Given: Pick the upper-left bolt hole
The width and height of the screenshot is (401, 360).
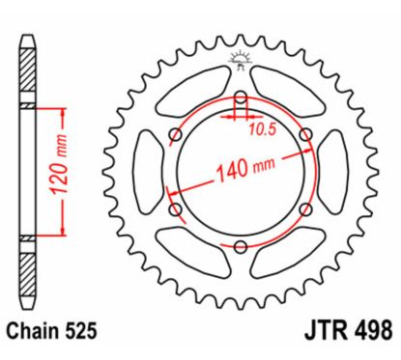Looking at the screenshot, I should point(174,134).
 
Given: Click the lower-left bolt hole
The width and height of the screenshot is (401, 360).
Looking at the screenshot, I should point(175,208).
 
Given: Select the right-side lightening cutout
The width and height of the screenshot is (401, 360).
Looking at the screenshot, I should point(330,172).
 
